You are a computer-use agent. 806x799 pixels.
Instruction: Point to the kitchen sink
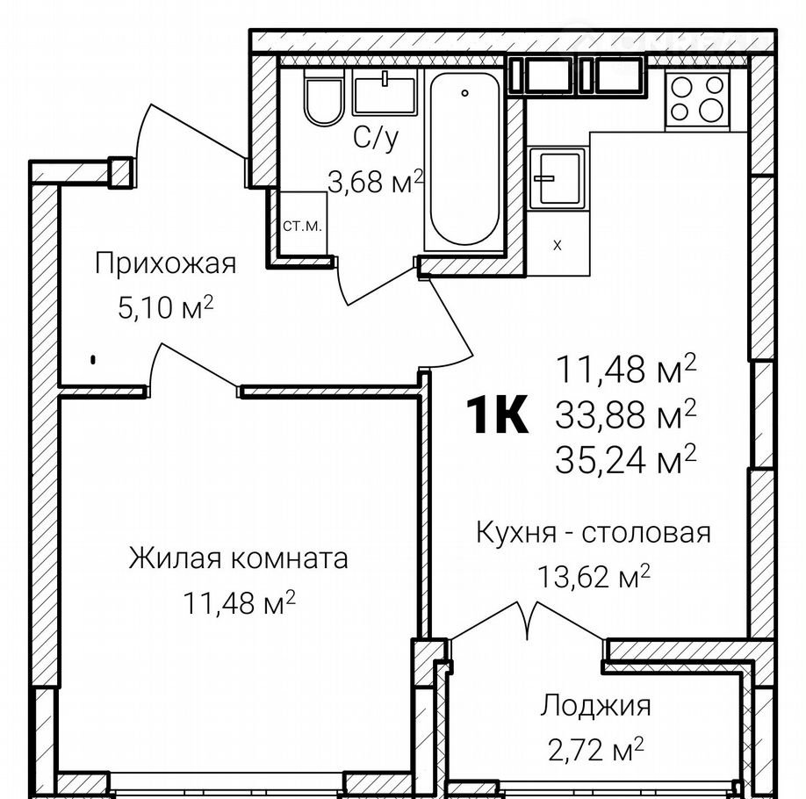click(558, 178)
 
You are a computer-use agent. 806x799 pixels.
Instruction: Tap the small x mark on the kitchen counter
click(558, 246)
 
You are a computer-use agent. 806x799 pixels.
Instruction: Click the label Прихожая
click(166, 263)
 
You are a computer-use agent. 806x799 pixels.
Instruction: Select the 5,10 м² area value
click(166, 307)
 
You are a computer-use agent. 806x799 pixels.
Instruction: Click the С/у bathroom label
click(376, 138)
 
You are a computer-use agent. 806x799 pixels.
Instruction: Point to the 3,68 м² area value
click(375, 182)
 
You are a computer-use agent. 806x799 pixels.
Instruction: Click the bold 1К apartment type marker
click(497, 414)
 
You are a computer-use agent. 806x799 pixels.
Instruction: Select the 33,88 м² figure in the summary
click(626, 414)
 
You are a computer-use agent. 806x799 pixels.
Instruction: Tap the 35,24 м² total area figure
click(626, 459)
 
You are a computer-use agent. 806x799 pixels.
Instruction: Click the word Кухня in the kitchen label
click(516, 533)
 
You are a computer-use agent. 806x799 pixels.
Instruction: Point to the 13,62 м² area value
click(594, 577)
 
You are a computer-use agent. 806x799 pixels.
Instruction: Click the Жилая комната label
click(238, 558)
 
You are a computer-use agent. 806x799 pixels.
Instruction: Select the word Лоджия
click(595, 707)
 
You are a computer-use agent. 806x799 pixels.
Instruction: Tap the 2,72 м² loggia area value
click(595, 750)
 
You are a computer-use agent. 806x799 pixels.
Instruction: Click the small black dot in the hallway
click(93, 360)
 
